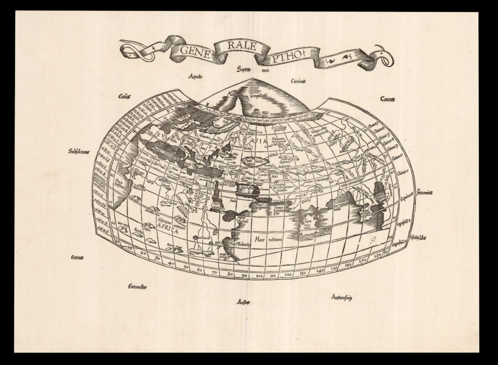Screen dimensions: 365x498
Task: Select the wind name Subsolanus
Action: pyautogui.click(x=79, y=151)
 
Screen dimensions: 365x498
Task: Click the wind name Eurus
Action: pyautogui.click(x=77, y=258)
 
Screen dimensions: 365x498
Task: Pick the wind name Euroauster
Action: pyautogui.click(x=137, y=287)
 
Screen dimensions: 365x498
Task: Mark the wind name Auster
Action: pyautogui.click(x=243, y=302)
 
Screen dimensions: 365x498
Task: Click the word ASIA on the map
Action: pyautogui.click(x=257, y=141)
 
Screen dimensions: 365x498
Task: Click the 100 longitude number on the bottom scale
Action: pyautogui.click(x=259, y=276)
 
